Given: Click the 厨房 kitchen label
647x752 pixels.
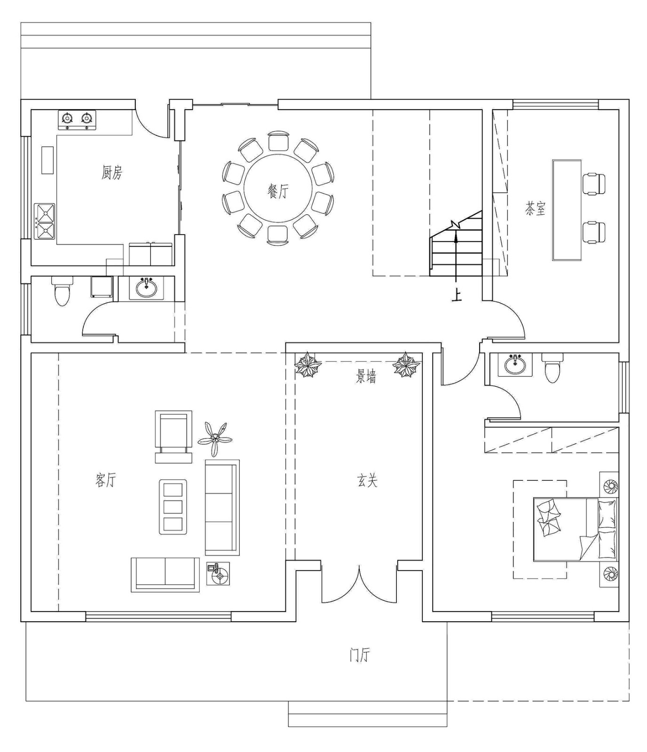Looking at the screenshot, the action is [112, 172].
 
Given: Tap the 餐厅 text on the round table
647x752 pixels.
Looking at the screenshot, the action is [278, 191].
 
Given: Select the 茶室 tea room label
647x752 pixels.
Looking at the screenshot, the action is [536, 208].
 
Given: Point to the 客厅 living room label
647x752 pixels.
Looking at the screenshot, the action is [105, 480].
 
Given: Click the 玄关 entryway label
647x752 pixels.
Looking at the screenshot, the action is [367, 480].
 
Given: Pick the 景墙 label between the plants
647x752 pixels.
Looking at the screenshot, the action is [366, 376].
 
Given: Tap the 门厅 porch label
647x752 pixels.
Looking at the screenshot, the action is [360, 655].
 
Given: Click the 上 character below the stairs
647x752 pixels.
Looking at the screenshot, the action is [456, 295].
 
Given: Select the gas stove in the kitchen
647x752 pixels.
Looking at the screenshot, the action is [77, 120].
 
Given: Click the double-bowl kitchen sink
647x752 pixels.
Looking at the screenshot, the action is [45, 221].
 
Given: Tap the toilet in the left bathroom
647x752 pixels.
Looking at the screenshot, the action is [62, 291].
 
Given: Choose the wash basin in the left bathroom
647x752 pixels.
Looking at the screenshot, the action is [146, 288].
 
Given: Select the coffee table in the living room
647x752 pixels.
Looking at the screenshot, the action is [173, 507].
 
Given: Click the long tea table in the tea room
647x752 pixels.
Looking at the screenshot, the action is [567, 210].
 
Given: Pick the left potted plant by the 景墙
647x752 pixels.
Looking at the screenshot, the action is [308, 365].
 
